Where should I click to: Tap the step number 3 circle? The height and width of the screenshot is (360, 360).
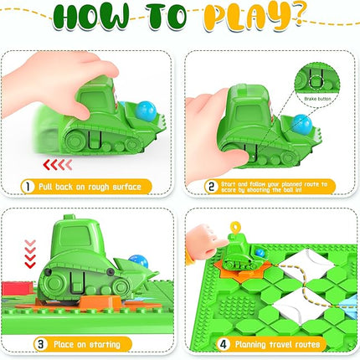pyautogui.click(x=39, y=343)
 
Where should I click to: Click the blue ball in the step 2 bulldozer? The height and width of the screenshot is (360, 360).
pyautogui.click(x=303, y=124)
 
